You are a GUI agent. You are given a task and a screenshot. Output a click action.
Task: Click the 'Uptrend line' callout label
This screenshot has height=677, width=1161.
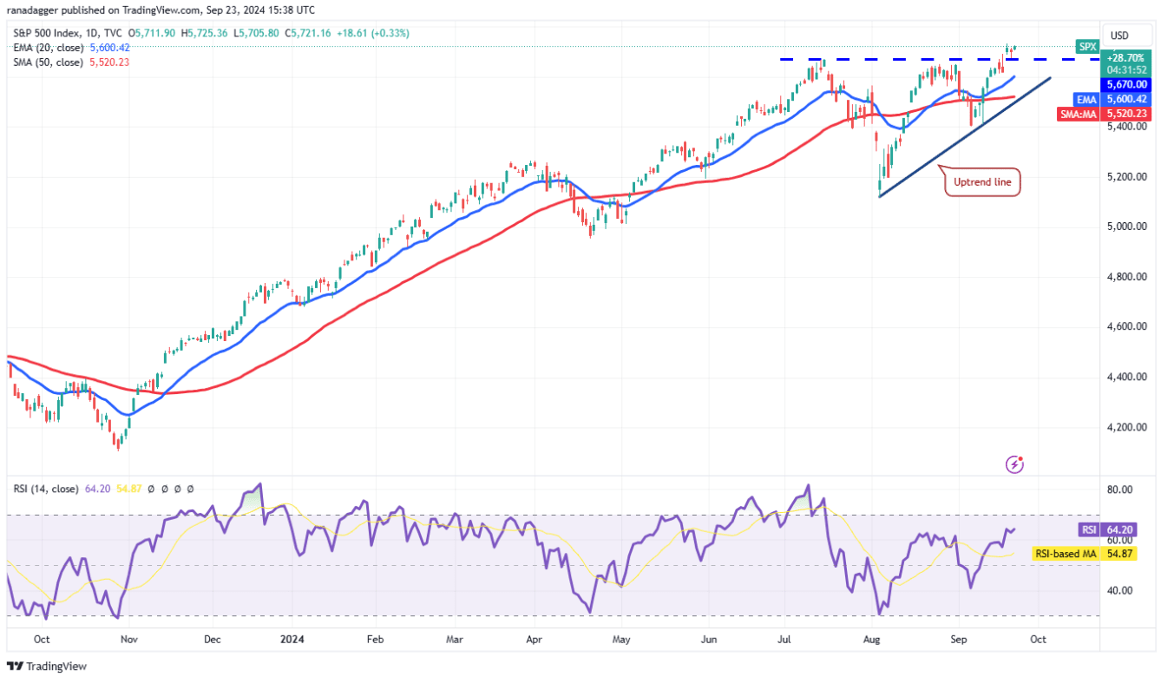[x=982, y=183]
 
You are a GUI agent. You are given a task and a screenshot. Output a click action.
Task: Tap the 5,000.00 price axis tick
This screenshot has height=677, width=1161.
[x=1127, y=227]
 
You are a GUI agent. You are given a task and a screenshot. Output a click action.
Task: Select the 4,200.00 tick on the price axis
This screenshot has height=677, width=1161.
[x=1127, y=427]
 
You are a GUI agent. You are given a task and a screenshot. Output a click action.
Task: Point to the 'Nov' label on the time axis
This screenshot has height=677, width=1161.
[x=128, y=638]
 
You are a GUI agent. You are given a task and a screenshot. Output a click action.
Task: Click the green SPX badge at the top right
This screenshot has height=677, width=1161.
[x=1086, y=46]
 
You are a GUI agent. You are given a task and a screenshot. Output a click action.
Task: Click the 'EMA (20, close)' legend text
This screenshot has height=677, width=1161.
[x=49, y=48]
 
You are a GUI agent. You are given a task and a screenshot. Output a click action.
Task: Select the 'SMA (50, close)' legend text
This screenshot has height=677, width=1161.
[x=49, y=62]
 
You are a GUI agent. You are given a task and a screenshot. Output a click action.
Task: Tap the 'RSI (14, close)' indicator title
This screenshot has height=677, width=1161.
[x=47, y=489]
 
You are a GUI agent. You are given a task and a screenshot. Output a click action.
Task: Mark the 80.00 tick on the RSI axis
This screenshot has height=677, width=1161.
[x=1120, y=490]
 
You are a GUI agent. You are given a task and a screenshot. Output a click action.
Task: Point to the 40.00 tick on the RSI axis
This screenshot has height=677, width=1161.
[x=1120, y=590]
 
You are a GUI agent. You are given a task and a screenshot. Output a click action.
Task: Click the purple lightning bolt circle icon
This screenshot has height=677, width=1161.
[x=1014, y=464]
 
